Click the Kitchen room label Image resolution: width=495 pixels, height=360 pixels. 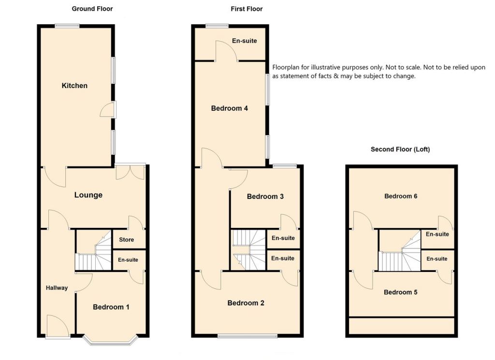[x=74, y=86]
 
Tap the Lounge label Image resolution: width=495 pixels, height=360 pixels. [x=88, y=195]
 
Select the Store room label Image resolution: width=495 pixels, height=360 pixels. [x=127, y=240]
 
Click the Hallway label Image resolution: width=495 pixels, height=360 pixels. [x=57, y=288]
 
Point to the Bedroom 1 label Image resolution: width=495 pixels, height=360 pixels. [x=111, y=307]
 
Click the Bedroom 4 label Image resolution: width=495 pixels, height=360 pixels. [x=230, y=108]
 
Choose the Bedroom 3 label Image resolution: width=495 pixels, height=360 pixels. [x=265, y=196]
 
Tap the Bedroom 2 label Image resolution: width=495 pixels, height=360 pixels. [x=246, y=303]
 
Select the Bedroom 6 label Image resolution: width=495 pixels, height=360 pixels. [x=401, y=196]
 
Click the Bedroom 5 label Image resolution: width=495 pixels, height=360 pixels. [x=401, y=292]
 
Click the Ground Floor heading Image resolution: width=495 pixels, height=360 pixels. [x=92, y=9]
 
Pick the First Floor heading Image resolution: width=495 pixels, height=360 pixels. [x=247, y=9]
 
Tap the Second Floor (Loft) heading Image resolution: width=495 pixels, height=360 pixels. [x=400, y=150]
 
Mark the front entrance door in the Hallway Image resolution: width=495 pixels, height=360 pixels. [x=58, y=326]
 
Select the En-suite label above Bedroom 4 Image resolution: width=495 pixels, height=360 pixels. [x=245, y=41]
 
